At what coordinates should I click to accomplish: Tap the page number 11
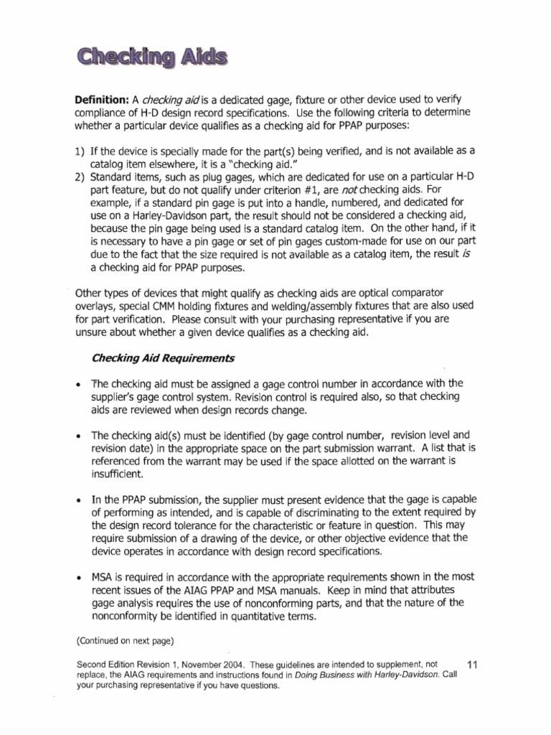(x=472, y=665)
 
